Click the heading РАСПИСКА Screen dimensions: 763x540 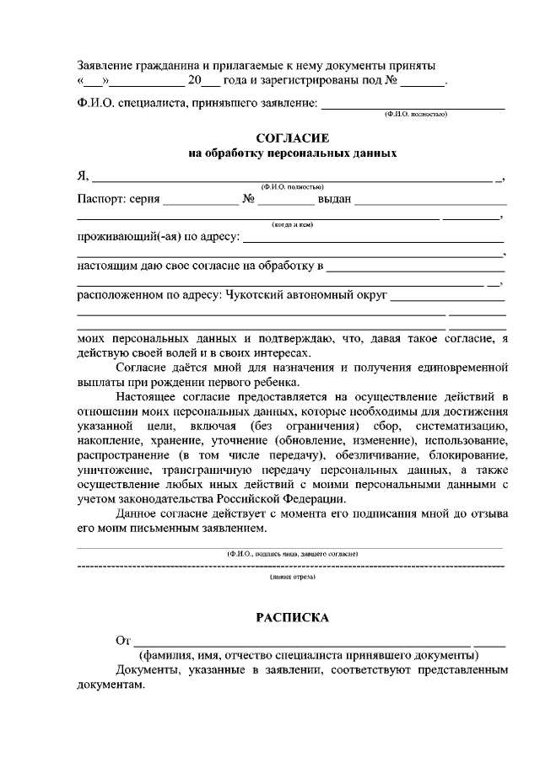pyautogui.click(x=292, y=618)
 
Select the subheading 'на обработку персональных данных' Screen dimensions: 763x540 pyautogui.click(x=291, y=153)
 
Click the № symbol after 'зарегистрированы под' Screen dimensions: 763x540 pyautogui.click(x=391, y=82)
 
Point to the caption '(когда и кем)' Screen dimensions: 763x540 pyautogui.click(x=292, y=225)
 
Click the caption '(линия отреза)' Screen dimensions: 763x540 pyautogui.click(x=292, y=578)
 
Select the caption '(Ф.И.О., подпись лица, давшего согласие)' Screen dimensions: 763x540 pyautogui.click(x=292, y=553)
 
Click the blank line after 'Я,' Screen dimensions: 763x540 pyautogui.click(x=292, y=178)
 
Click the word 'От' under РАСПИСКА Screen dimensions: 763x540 pyautogui.click(x=123, y=641)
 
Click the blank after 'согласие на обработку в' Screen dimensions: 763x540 pyautogui.click(x=415, y=266)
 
